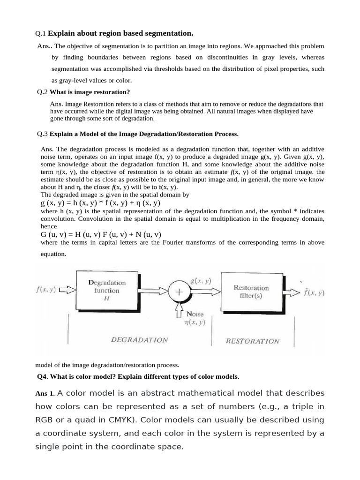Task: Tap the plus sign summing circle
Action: (179, 292)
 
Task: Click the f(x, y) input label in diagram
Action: (46, 290)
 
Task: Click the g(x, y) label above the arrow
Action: (201, 281)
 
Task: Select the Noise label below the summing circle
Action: (195, 314)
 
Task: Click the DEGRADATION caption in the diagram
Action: (139, 340)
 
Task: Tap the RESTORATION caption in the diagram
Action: (252, 341)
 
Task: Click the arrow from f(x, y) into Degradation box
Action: (67, 290)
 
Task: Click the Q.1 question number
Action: (41, 33)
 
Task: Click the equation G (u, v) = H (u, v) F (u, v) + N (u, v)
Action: (101, 234)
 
